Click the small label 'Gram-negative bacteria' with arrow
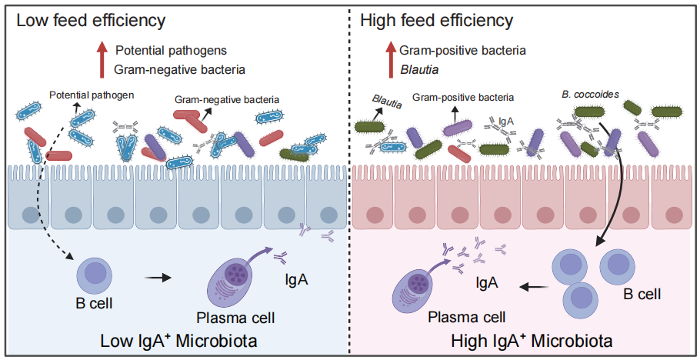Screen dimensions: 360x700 227,99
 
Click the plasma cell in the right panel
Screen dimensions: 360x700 419,283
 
